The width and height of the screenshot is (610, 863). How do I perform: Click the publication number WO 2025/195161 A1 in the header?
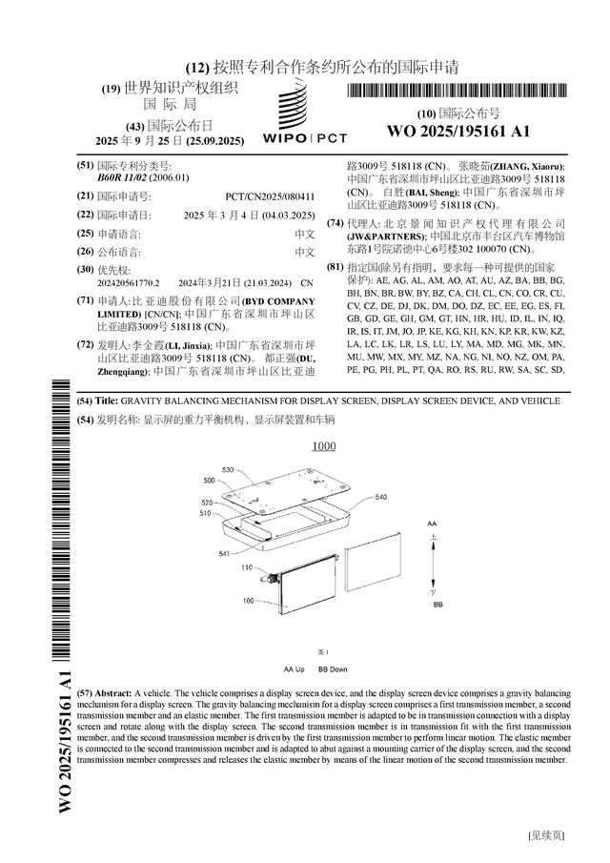click(x=457, y=132)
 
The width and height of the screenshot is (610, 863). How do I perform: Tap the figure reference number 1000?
click(x=323, y=446)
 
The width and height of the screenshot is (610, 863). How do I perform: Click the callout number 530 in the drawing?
click(x=228, y=470)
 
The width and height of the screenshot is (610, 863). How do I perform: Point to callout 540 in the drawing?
click(x=381, y=497)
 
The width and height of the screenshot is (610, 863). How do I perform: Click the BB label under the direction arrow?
click(x=437, y=605)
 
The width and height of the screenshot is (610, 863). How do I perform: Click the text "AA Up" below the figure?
click(x=294, y=669)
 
